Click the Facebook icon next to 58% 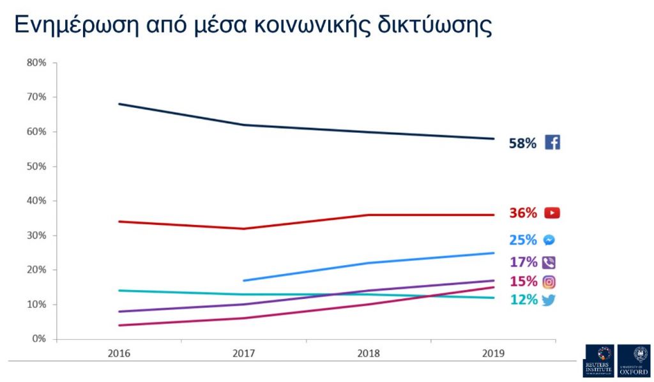[552, 142]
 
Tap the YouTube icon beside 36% [552, 213]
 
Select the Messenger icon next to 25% [549, 240]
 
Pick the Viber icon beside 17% [549, 262]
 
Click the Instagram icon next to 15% [549, 282]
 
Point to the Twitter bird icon [549, 300]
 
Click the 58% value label [522, 143]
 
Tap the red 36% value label [522, 213]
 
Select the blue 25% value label [522, 240]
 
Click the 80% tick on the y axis [36, 63]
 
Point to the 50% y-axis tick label [36, 166]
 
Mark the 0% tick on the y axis [39, 339]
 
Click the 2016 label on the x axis [119, 353]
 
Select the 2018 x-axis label [369, 353]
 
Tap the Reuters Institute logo [598, 361]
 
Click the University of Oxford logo [634, 361]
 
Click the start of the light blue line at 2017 [245, 280]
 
